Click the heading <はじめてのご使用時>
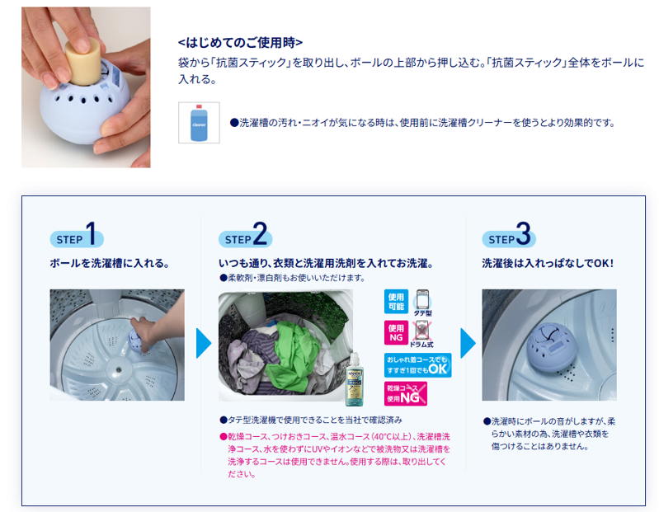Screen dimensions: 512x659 (241, 41)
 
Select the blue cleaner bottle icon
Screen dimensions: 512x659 (199, 123)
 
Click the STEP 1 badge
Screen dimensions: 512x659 (77, 237)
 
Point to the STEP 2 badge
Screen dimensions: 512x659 (244, 237)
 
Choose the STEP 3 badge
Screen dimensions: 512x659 (508, 237)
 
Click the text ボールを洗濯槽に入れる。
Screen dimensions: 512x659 (110, 264)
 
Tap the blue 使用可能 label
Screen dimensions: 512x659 (396, 301)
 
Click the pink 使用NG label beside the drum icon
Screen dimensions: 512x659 (396, 333)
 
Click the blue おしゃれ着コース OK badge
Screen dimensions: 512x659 (417, 364)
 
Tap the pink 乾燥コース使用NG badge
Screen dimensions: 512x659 (406, 393)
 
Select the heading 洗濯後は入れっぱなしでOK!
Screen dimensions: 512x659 (548, 264)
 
